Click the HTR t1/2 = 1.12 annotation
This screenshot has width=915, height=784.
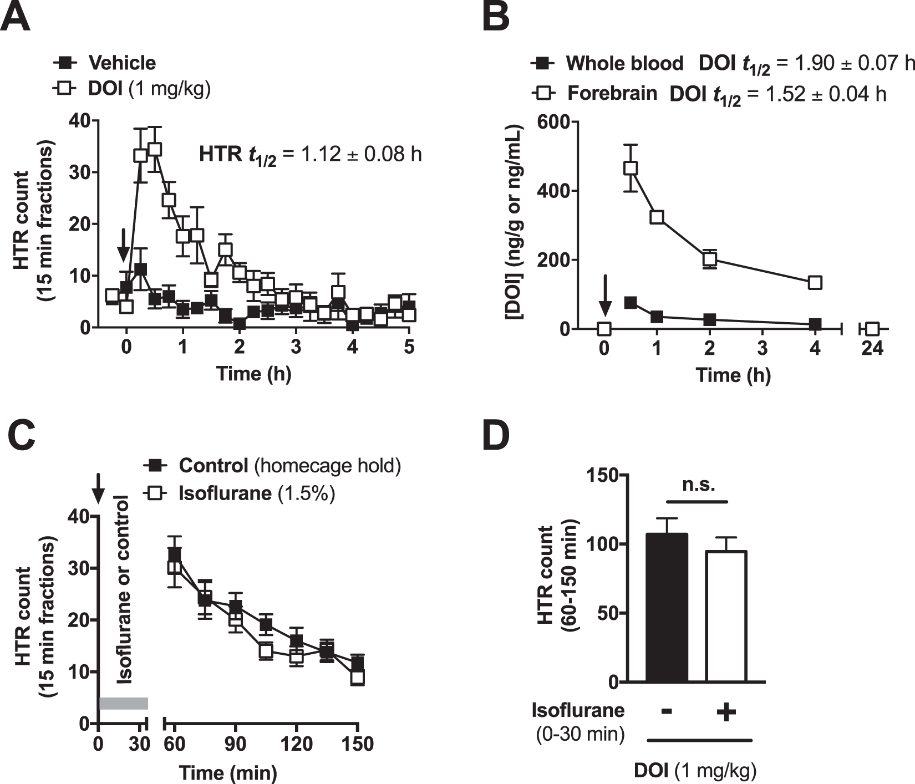310,154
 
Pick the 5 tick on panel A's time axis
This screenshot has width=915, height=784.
409,348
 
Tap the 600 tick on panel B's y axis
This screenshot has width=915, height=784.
556,122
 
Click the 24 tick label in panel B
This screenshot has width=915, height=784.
872,349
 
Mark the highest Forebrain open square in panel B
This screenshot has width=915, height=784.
631,167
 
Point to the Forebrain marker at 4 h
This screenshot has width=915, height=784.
815,282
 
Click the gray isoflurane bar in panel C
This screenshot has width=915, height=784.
123,703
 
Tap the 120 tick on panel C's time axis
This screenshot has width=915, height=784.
297,744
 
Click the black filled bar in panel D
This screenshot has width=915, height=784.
667,610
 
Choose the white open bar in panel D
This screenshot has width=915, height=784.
726,618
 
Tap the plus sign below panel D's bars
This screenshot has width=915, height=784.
726,712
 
